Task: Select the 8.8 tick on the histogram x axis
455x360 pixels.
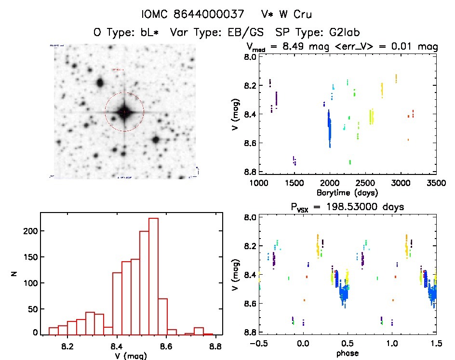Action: point(216,346)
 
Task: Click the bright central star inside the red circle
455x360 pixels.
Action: point(124,112)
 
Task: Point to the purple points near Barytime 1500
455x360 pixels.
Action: point(294,161)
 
